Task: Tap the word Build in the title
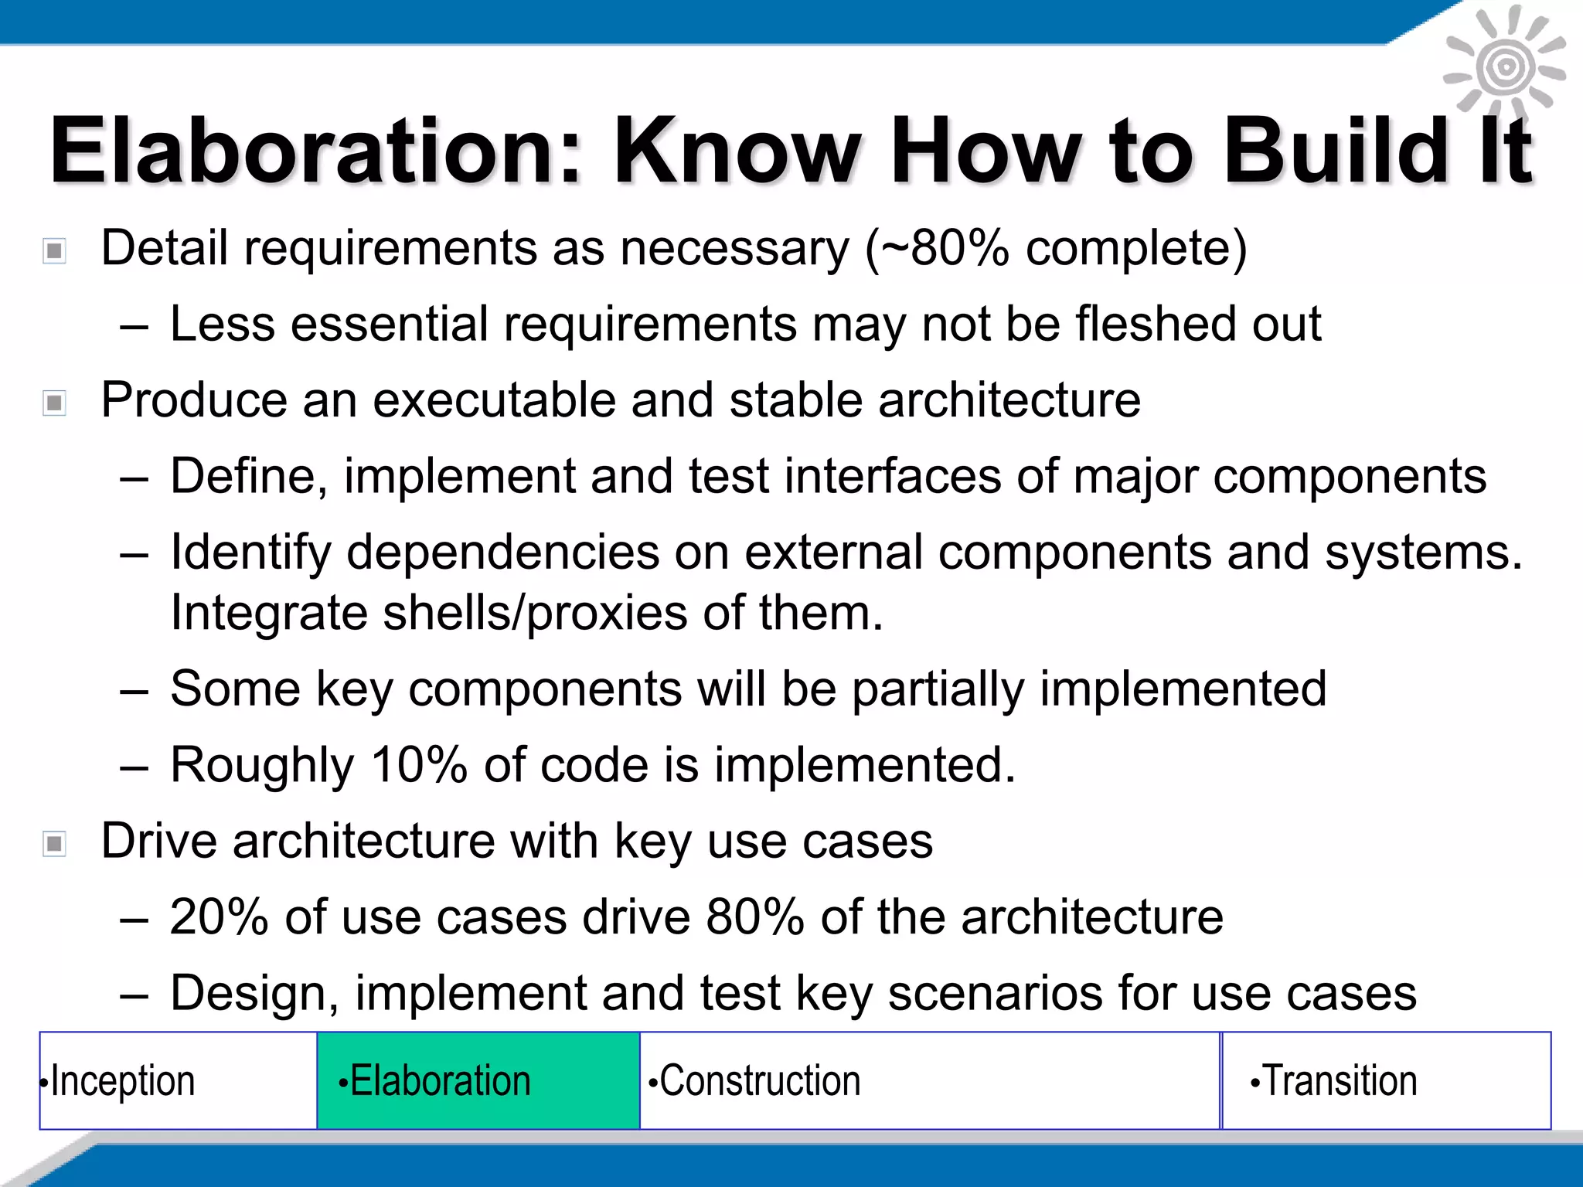tap(1336, 151)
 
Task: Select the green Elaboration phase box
tap(478, 1080)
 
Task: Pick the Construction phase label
tap(759, 1080)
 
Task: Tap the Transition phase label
tap(1340, 1080)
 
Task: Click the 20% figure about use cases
tap(219, 917)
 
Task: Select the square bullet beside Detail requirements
tap(54, 250)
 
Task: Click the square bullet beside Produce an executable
tap(54, 403)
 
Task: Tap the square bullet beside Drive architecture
tap(54, 843)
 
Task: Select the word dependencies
tap(503, 553)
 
